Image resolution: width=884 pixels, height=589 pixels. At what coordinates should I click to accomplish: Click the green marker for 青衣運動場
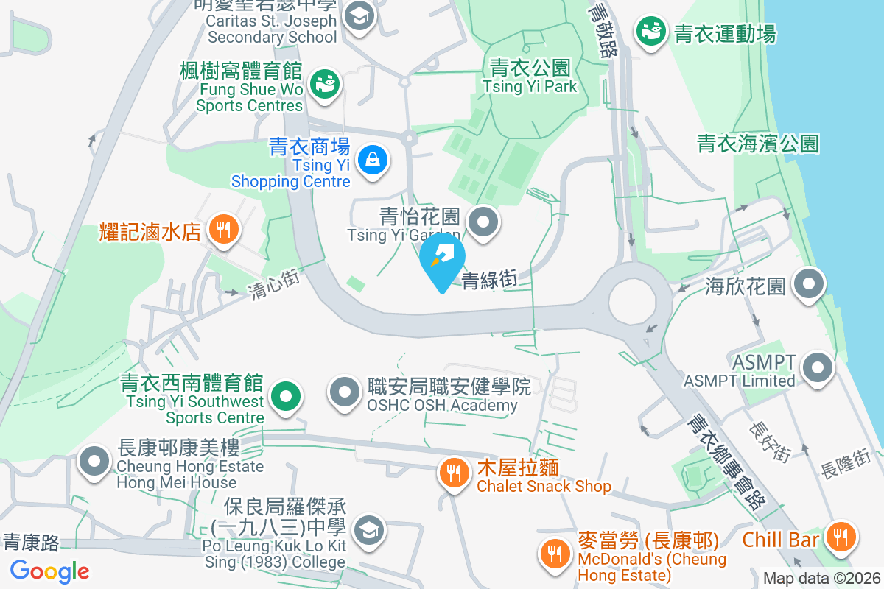tap(651, 32)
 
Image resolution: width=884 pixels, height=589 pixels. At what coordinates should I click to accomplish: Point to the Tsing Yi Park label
tap(530, 77)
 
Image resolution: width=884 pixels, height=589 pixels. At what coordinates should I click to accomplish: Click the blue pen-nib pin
tap(442, 258)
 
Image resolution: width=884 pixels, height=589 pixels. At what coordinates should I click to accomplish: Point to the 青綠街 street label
tap(488, 280)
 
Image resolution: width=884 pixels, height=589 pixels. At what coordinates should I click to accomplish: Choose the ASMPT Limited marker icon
tap(818, 367)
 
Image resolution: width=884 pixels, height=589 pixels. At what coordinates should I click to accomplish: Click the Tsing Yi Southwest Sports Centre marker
tap(287, 397)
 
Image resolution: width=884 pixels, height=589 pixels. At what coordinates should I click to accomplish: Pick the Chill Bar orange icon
tap(839, 535)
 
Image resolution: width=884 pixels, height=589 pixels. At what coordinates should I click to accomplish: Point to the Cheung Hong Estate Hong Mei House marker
tap(94, 461)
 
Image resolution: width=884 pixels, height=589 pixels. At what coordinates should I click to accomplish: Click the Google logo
tap(49, 571)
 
